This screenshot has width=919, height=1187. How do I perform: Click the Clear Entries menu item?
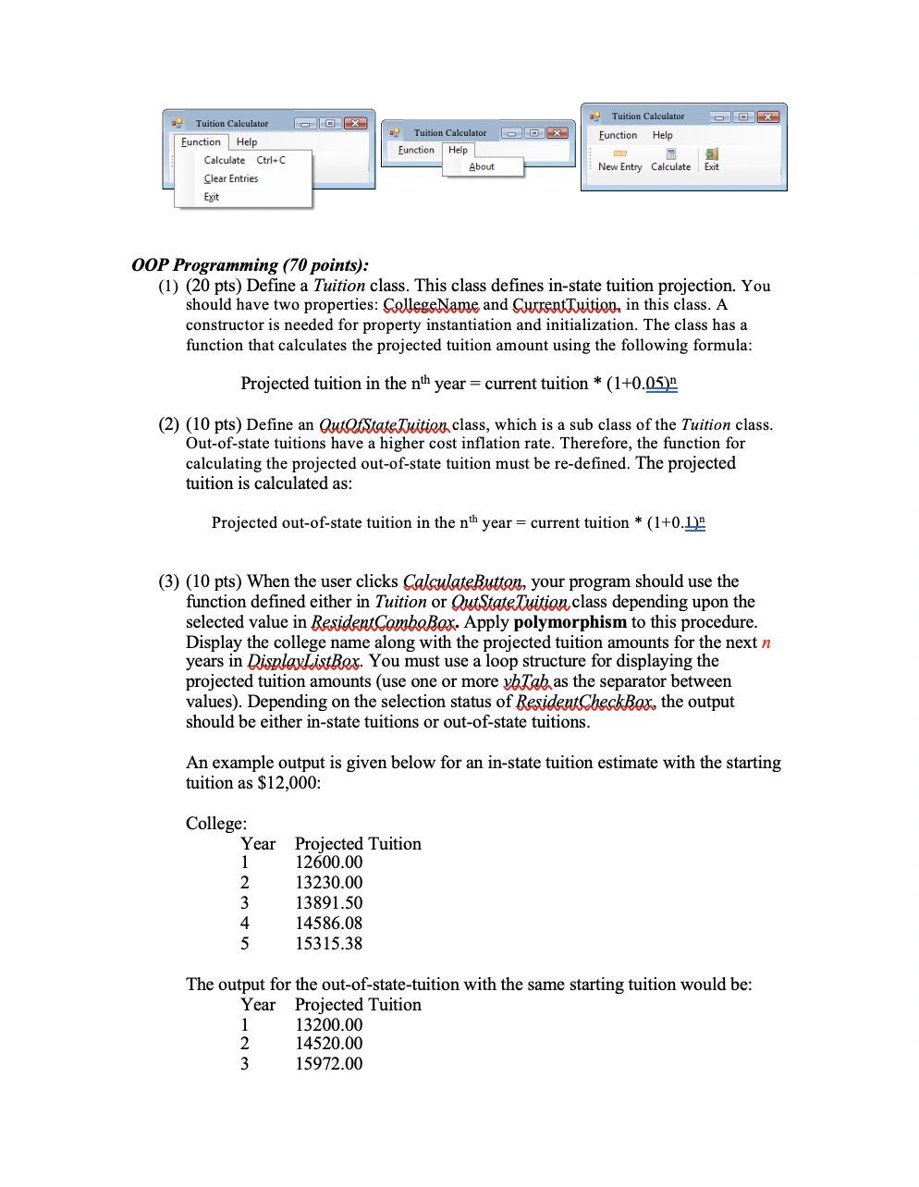coord(231,178)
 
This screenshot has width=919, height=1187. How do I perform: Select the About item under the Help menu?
coord(482,167)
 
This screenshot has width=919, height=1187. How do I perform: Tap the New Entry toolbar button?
coord(619,161)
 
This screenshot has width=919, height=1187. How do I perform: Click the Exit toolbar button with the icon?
coord(711,161)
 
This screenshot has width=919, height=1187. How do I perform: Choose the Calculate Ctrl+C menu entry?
coord(244,160)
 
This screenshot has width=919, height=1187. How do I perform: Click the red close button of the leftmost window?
coord(355,124)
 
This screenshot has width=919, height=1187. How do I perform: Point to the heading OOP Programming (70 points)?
coord(250,265)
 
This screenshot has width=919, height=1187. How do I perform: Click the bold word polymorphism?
coord(570,622)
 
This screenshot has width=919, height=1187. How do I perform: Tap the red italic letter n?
coord(766,642)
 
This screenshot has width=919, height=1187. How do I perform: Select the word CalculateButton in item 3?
coord(462,581)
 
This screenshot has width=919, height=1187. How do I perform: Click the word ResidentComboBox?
coord(384,622)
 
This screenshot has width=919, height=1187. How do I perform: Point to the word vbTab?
coord(526,681)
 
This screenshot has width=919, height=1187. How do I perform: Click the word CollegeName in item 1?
coord(431,305)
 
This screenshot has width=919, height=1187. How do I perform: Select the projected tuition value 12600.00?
coord(328,863)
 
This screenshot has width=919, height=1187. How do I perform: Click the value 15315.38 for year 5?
coord(328,944)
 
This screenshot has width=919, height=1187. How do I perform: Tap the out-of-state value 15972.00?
coord(328,1064)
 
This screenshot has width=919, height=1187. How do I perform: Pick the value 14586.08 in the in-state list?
coord(328,924)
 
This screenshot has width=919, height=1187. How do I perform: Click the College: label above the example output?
coord(216,824)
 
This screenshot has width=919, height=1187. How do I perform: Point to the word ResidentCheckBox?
coord(585,702)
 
